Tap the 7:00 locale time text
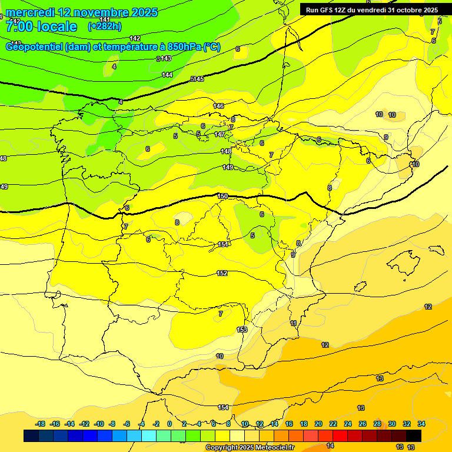click(41, 26)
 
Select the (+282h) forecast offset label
click(104, 26)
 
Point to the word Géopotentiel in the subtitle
click(35, 47)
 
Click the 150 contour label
click(222, 196)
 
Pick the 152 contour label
click(222, 273)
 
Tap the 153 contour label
click(242, 330)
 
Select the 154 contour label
click(223, 407)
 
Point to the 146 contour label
click(218, 106)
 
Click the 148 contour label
click(226, 151)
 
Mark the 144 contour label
click(167, 75)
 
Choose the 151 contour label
click(223, 244)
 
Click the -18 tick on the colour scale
click(40, 424)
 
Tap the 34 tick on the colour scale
click(421, 424)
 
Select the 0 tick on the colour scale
click(169, 424)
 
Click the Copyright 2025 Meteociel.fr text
click(250, 447)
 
